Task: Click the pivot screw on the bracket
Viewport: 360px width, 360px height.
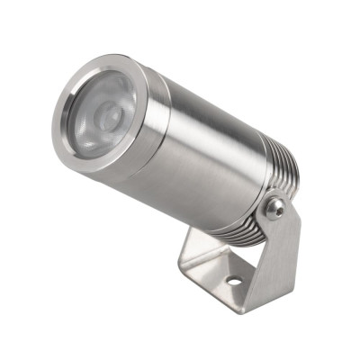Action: [x=275, y=209]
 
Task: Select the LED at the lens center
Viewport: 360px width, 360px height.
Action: [x=106, y=115]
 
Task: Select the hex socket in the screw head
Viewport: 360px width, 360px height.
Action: [x=275, y=209]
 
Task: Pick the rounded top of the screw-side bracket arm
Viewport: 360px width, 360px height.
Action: [x=281, y=196]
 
